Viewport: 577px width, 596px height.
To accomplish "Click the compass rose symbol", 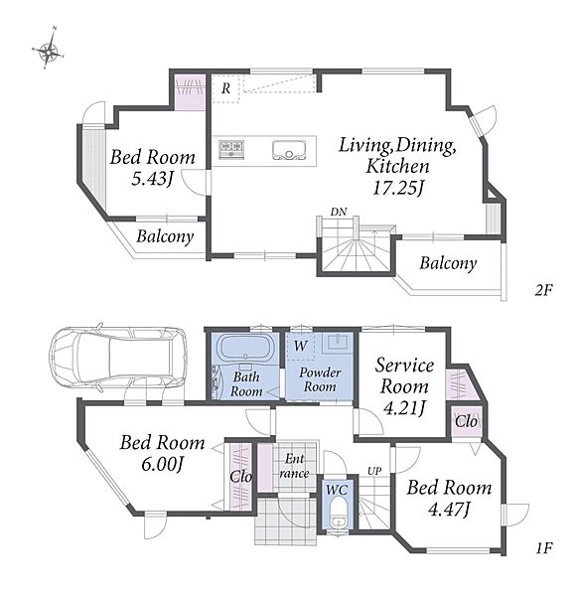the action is tap(49, 50).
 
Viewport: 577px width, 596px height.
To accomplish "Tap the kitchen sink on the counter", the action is tap(289, 150).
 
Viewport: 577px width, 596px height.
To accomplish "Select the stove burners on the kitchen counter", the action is tap(231, 149).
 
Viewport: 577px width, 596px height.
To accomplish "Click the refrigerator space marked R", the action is tap(225, 88).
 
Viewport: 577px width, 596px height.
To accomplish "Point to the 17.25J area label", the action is tap(398, 188).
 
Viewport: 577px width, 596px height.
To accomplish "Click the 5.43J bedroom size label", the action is tap(152, 178).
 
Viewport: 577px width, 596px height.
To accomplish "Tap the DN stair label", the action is tap(339, 212).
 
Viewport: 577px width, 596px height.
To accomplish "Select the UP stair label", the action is tap(374, 471).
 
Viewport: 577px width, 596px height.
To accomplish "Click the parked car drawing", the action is tap(118, 358).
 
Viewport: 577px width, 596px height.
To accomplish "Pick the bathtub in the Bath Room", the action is tap(245, 347).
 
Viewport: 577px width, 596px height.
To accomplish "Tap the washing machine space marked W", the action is tap(300, 346).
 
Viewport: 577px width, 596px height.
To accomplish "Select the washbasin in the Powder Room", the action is tap(338, 343).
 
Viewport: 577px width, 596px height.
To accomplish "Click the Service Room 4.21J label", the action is tap(404, 386).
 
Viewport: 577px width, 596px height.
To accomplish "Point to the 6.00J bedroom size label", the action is tap(162, 464).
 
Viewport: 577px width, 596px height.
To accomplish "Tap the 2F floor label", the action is tap(543, 290).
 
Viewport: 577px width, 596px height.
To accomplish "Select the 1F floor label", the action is tap(544, 547).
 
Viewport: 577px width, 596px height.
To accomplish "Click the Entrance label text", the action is tap(294, 466).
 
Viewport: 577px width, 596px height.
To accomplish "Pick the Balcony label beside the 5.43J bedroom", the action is tap(165, 236).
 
